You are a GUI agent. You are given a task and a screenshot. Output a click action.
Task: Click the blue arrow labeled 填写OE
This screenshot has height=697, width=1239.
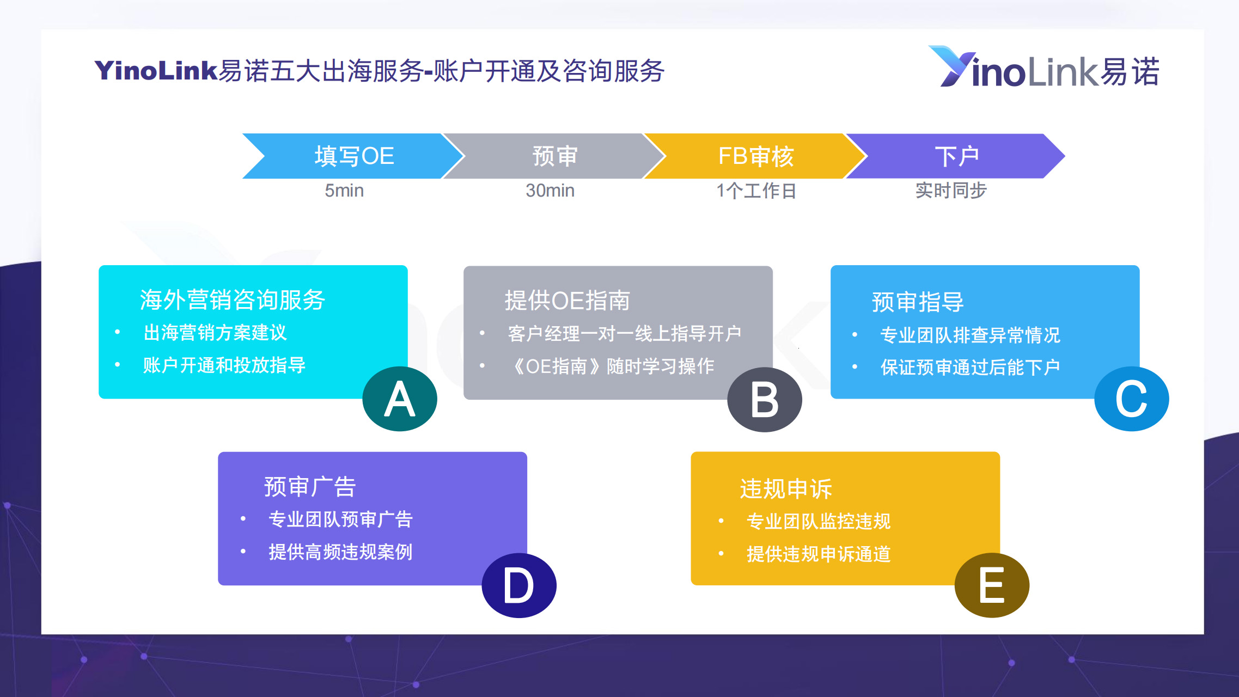(354, 156)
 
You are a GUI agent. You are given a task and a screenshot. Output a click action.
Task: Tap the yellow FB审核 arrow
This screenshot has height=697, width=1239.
(756, 156)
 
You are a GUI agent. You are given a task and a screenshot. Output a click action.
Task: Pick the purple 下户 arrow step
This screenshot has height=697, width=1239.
(957, 156)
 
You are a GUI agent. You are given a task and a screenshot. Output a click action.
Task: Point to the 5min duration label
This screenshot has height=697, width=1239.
(344, 191)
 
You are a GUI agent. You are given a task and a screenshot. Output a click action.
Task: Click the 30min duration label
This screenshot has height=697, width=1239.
(550, 191)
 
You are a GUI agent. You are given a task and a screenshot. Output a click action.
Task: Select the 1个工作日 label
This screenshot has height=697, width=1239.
(756, 191)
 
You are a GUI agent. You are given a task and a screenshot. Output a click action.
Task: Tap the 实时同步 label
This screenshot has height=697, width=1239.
(951, 191)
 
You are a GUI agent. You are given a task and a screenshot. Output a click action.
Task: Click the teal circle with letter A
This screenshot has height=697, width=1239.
(400, 399)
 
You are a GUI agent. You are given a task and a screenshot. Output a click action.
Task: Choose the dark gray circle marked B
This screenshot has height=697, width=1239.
(765, 399)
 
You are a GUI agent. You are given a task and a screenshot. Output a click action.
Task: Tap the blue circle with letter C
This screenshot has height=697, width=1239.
(1132, 399)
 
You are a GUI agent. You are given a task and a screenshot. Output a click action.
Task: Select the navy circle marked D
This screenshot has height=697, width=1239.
(519, 585)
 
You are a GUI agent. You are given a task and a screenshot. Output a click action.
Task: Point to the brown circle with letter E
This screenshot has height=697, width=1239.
(992, 585)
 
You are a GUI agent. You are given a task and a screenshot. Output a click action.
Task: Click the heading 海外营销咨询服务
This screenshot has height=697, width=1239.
(233, 299)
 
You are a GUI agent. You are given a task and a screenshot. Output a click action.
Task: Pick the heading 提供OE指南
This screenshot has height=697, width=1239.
(567, 301)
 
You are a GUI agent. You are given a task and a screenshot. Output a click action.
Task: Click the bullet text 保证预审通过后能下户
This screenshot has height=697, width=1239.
(970, 367)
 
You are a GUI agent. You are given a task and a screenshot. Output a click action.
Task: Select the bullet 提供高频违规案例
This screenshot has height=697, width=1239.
(340, 552)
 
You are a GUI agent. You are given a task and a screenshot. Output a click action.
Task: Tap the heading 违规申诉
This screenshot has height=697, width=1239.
(786, 488)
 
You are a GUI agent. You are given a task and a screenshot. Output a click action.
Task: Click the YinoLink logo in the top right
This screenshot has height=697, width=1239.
(1044, 68)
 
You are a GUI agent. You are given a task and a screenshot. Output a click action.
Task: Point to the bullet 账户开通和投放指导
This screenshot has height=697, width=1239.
(224, 365)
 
